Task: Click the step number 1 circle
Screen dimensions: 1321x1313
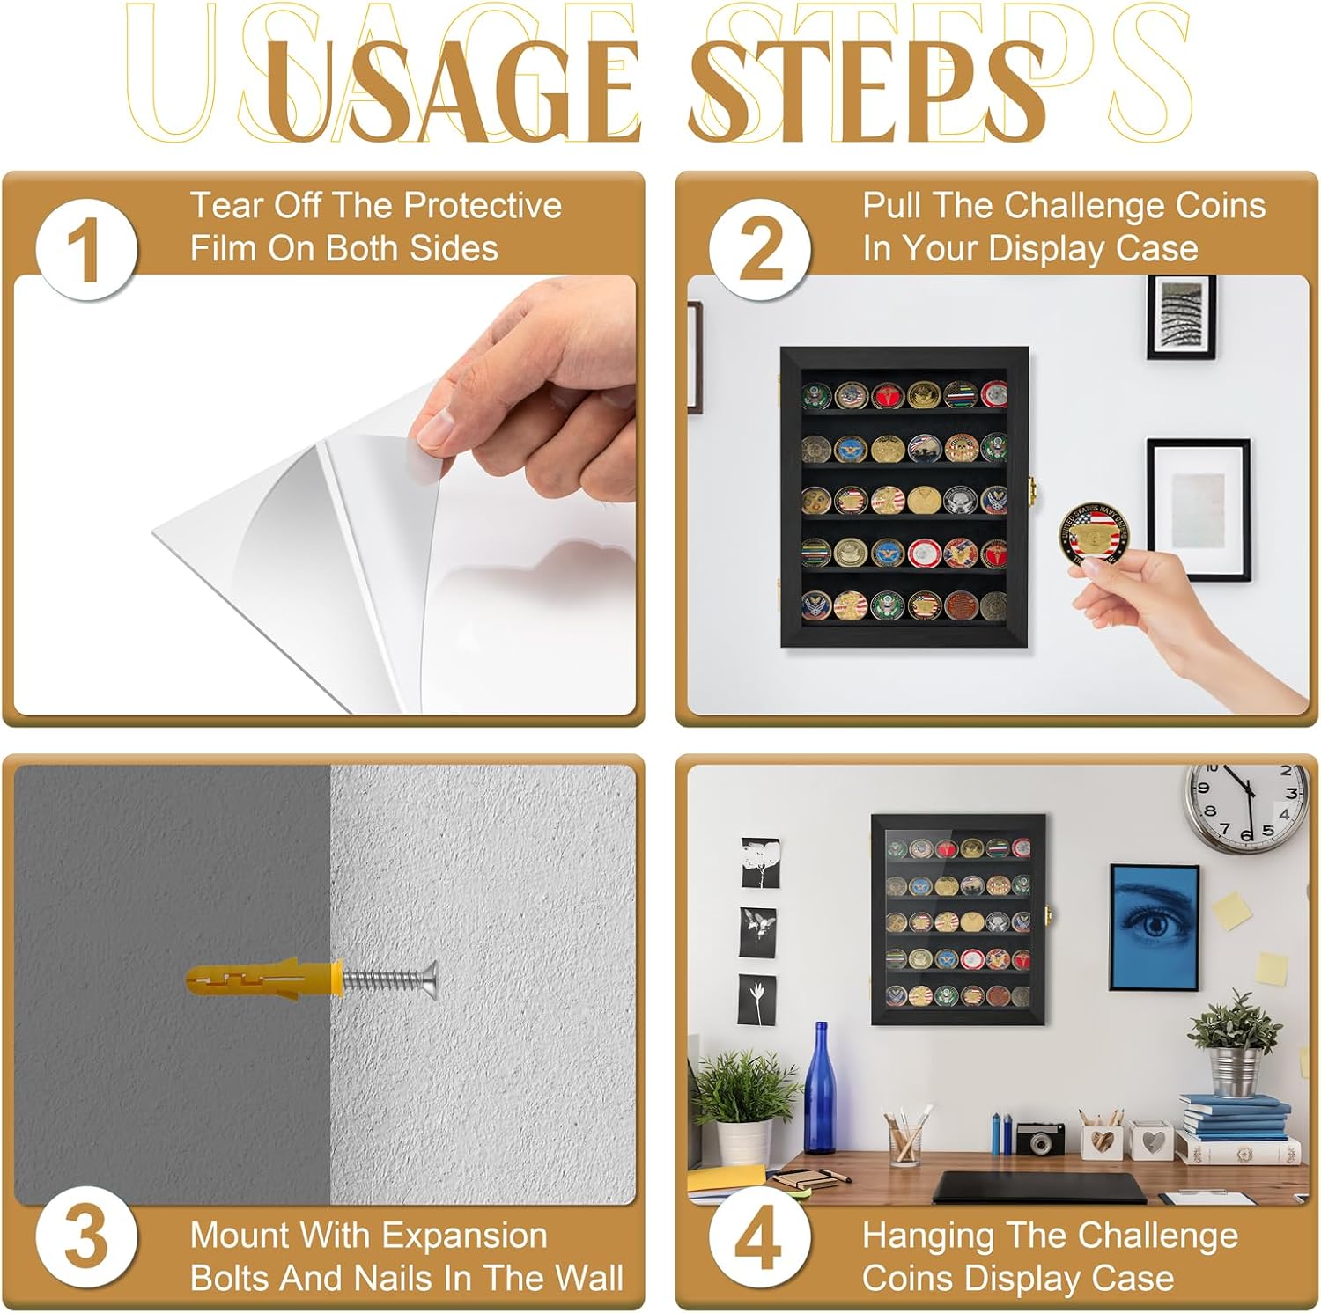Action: [x=86, y=250]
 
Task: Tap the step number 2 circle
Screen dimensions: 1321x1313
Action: [x=761, y=250]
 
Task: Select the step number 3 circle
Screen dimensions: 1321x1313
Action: [x=86, y=1237]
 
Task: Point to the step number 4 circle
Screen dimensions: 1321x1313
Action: [x=761, y=1237]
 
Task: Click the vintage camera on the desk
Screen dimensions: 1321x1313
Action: [x=1039, y=1137]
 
